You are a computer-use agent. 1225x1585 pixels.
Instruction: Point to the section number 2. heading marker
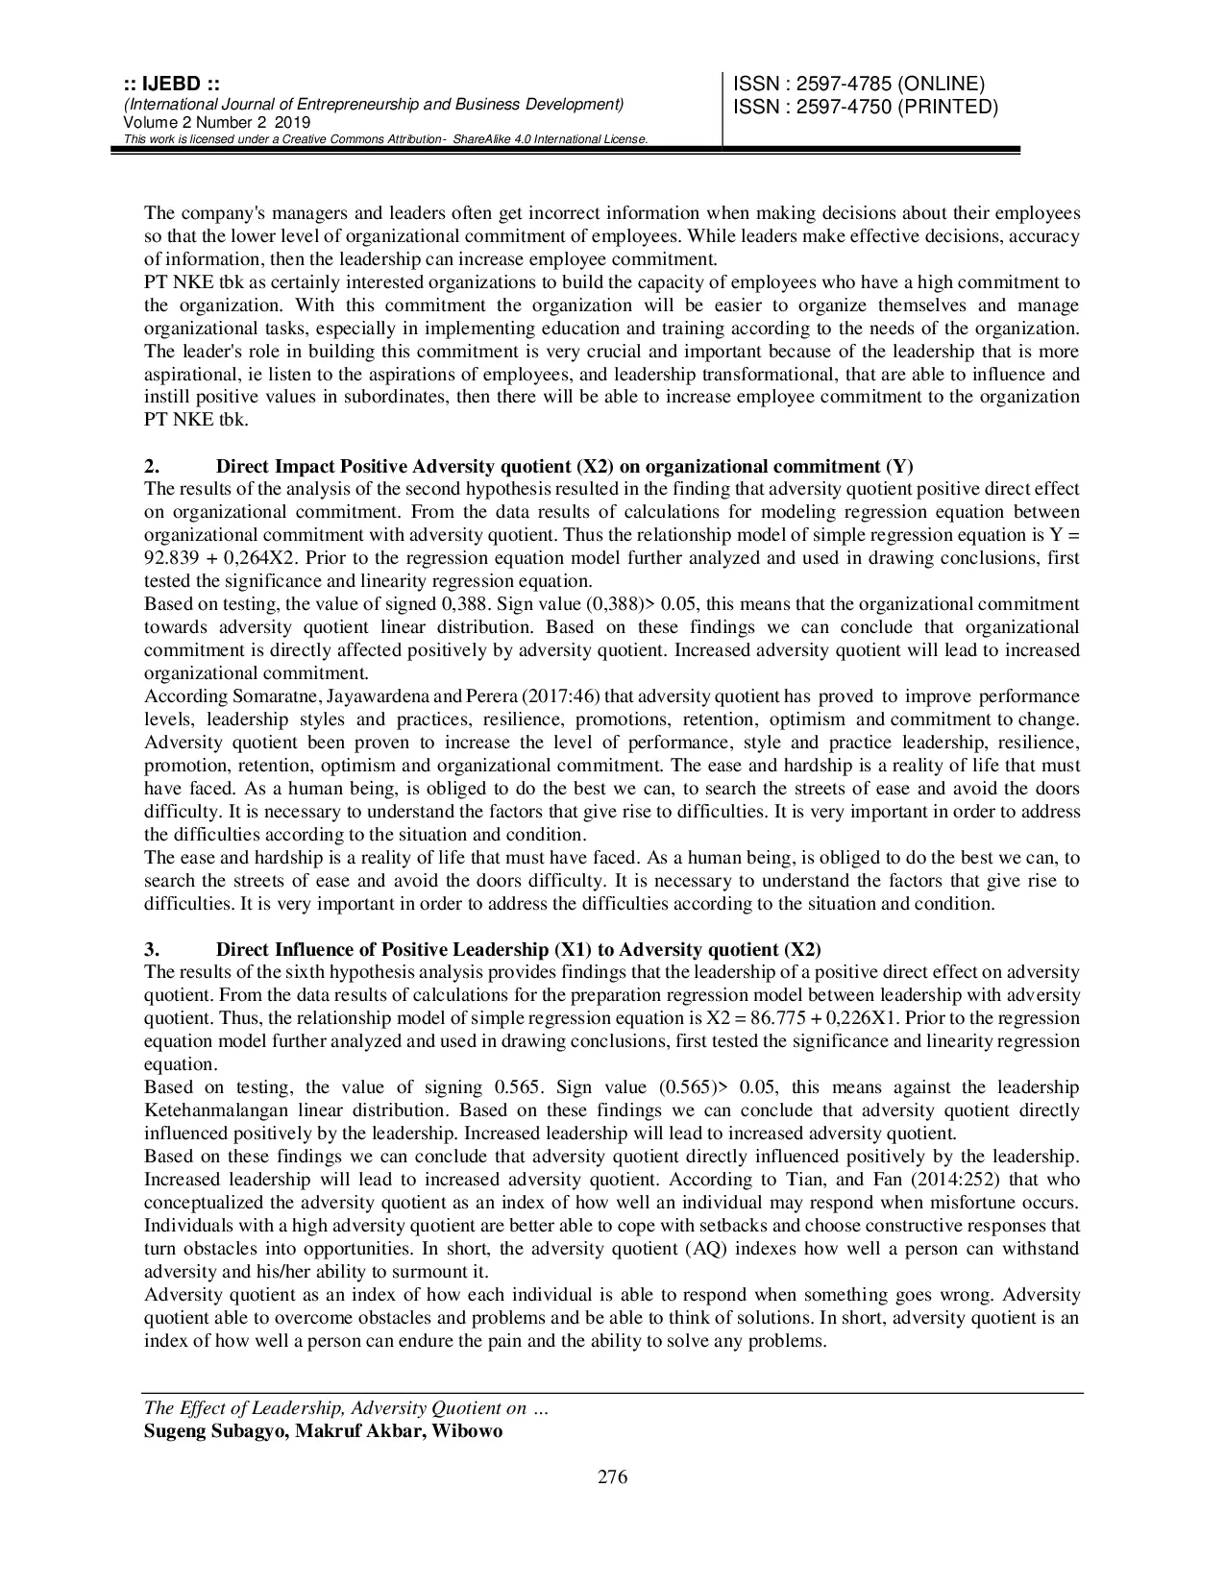pyautogui.click(x=151, y=467)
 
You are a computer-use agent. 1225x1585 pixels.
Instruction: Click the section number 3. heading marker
pyautogui.click(x=151, y=950)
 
